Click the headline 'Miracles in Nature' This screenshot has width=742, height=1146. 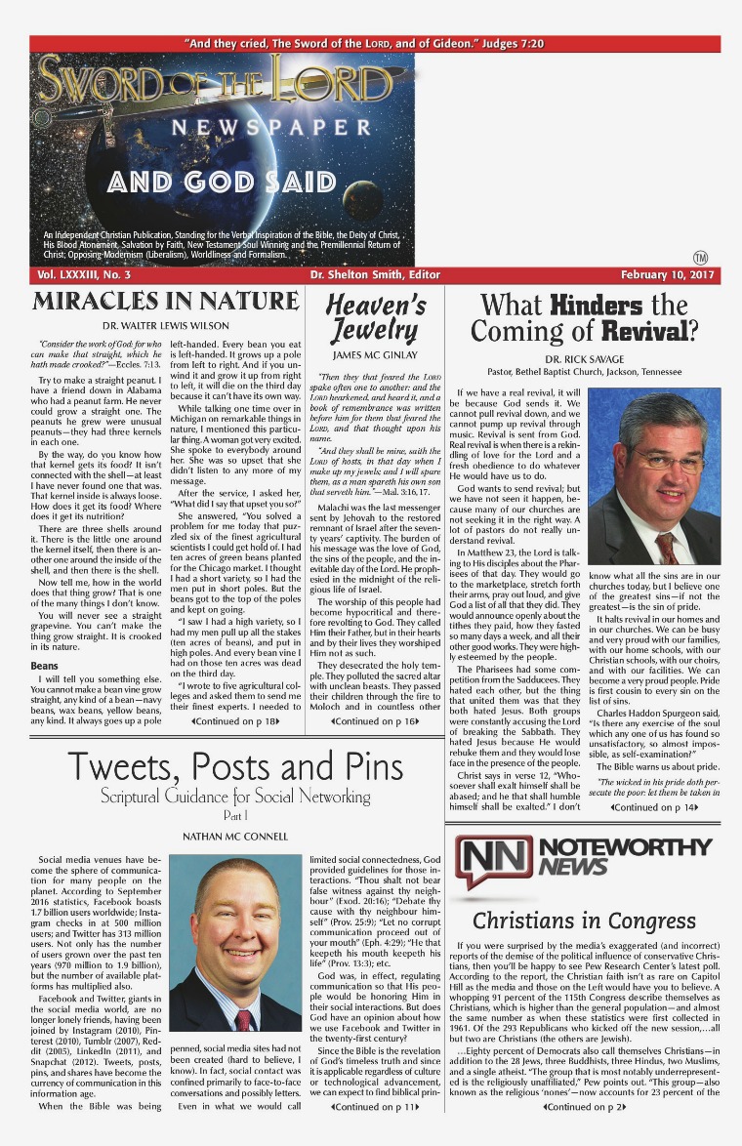[167, 301]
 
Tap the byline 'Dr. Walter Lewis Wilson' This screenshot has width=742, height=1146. [167, 325]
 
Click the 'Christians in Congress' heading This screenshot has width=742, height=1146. [584, 921]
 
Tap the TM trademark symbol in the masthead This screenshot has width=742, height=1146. [700, 258]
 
